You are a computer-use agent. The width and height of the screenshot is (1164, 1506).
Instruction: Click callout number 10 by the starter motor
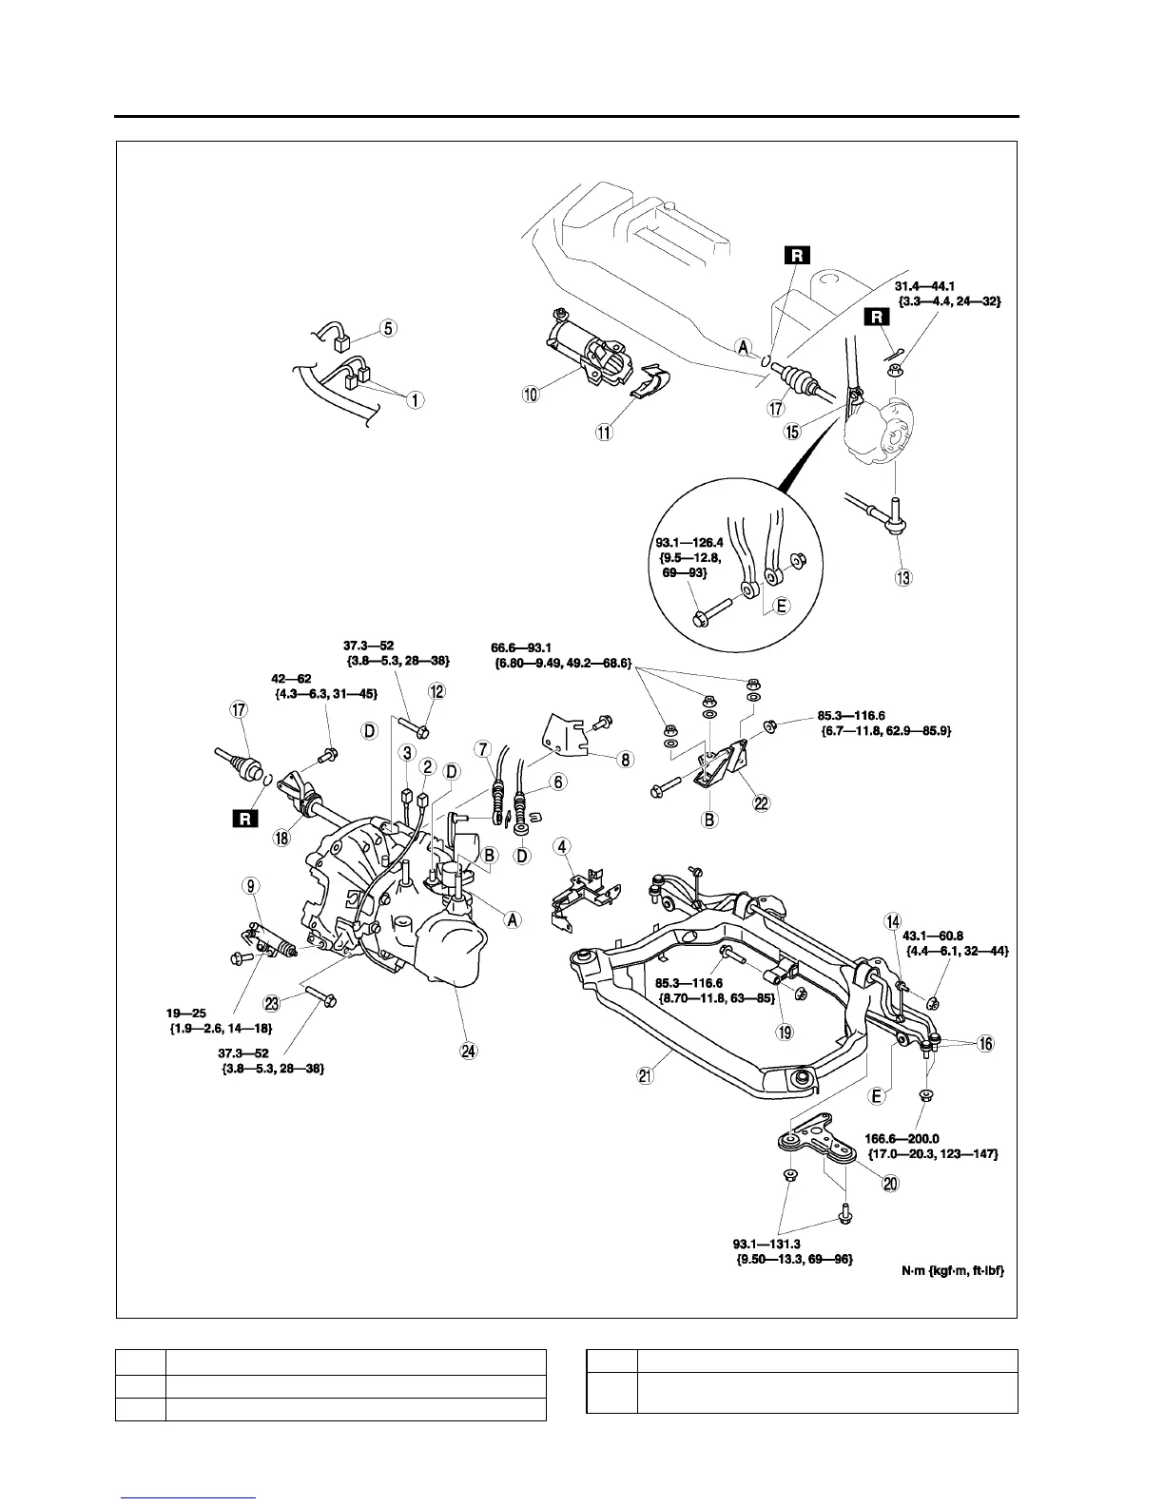[x=531, y=394]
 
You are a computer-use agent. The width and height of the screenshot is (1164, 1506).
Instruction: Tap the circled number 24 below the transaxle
[x=468, y=1050]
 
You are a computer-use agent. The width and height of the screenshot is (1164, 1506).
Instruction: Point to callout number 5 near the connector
[x=389, y=328]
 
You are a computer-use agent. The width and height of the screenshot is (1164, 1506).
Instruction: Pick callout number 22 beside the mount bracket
[x=762, y=802]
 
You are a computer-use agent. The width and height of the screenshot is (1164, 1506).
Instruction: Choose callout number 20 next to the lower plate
[x=891, y=1183]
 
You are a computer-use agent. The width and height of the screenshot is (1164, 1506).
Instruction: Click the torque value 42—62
[x=292, y=679]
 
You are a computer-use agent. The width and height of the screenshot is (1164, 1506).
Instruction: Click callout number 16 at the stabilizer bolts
[x=985, y=1044]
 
